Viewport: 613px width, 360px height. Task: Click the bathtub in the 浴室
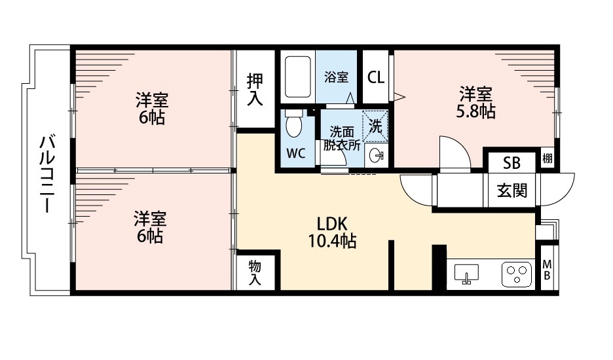[x=298, y=77]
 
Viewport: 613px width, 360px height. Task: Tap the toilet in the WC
[x=294, y=124]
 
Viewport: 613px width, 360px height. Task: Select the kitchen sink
[x=466, y=274]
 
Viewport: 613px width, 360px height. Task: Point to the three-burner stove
[x=517, y=274]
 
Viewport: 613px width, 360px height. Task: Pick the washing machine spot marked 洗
[x=375, y=126]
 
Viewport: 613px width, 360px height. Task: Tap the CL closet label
[x=376, y=77]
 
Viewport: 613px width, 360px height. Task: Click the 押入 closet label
[x=255, y=90]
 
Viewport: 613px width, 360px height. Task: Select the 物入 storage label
[x=255, y=273]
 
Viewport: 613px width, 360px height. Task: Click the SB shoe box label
[x=511, y=162]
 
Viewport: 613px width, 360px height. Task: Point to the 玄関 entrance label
[x=512, y=190]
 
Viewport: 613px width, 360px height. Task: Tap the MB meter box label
[x=547, y=270]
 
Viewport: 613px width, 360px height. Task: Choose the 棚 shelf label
[x=548, y=158]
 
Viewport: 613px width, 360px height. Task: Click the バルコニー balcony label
[x=46, y=174]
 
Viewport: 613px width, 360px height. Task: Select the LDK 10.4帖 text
[x=332, y=232]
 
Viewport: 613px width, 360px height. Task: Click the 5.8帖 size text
[x=475, y=112]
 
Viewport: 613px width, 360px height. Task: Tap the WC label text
[x=296, y=154]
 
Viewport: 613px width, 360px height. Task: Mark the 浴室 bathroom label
[x=336, y=77]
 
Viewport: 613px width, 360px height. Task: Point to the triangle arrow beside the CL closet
[x=399, y=96]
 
